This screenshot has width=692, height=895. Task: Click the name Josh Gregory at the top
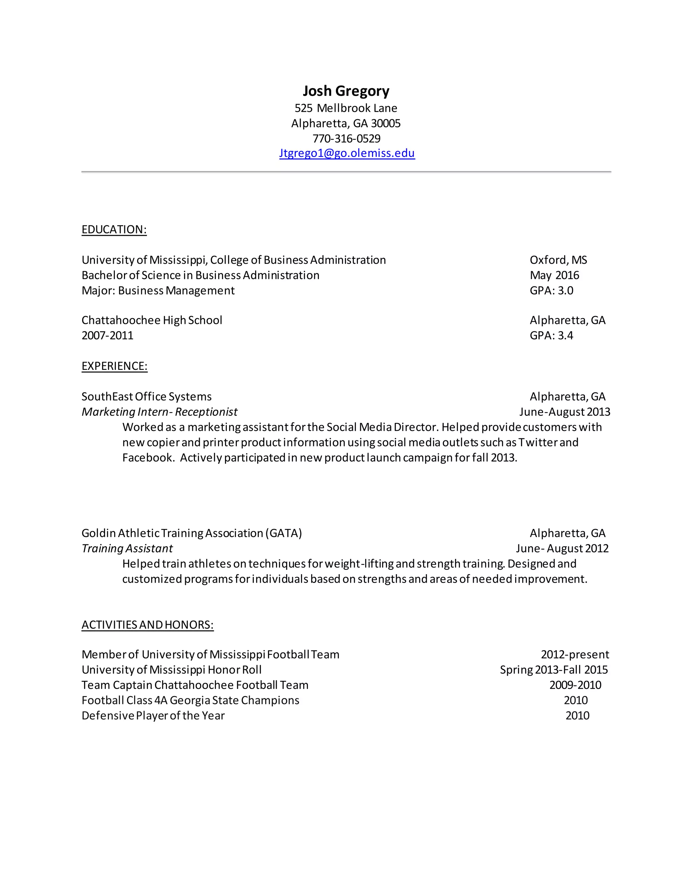click(x=346, y=91)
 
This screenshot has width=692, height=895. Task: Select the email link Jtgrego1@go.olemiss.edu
click(x=347, y=153)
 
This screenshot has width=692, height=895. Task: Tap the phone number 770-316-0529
click(x=346, y=138)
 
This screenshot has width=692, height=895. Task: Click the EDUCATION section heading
click(x=114, y=229)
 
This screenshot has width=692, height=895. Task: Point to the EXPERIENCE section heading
click(x=115, y=366)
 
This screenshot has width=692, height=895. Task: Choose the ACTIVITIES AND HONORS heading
click(x=148, y=624)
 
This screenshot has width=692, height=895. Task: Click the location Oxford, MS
click(x=558, y=260)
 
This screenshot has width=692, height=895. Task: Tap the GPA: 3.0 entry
click(x=551, y=290)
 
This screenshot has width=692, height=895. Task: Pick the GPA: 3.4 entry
click(x=551, y=336)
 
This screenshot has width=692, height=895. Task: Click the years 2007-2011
click(x=107, y=336)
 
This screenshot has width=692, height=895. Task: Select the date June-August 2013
click(x=565, y=412)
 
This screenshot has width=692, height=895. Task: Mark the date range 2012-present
click(x=575, y=655)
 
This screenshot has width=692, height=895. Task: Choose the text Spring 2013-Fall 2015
click(x=554, y=670)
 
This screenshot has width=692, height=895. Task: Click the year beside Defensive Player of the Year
click(x=577, y=716)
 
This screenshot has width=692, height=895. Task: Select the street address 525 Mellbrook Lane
click(x=346, y=108)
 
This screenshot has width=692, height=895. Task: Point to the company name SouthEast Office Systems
click(x=146, y=397)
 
